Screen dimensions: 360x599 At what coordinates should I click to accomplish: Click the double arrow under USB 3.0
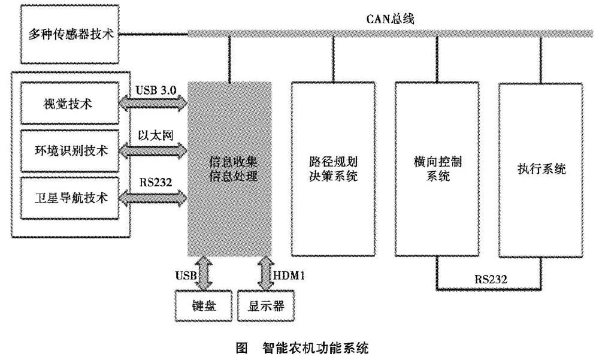coord(154,104)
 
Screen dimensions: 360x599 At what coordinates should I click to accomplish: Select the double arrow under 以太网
coord(154,150)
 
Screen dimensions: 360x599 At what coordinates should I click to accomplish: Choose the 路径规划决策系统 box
coord(334,169)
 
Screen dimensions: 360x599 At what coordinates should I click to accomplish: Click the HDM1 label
coord(290,276)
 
